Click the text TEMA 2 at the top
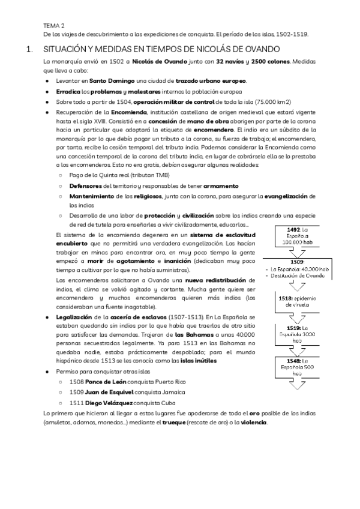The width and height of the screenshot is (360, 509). coord(54,26)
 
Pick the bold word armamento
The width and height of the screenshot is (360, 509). coord(221,186)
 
